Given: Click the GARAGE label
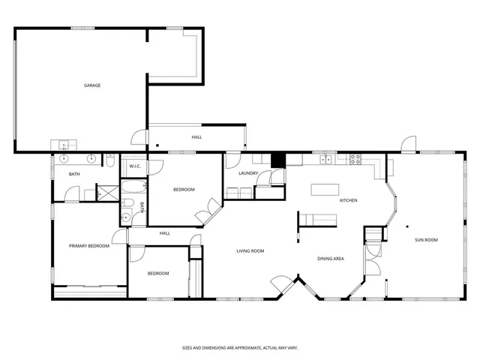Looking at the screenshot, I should tap(91, 85).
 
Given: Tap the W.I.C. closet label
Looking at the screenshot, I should tap(135, 166).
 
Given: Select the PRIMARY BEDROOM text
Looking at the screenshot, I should tap(89, 246).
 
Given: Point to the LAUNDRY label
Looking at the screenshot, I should tap(248, 174).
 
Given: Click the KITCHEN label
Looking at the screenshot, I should tap(348, 200).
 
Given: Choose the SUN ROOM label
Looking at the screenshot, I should tap(426, 240).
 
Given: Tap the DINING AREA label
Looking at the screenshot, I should tap(330, 259).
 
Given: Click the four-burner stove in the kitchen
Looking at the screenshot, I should tap(354, 158).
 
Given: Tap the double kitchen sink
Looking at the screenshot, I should tap(325, 159).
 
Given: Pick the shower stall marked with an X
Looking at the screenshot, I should tap(109, 191).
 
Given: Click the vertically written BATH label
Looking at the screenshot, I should tap(141, 205).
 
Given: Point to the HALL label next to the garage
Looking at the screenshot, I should tap(196, 137).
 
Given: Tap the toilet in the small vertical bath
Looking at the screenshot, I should tap(127, 204).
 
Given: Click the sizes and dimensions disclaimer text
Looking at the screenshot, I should tap(240, 348).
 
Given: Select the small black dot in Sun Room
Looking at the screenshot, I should tap(406, 226).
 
